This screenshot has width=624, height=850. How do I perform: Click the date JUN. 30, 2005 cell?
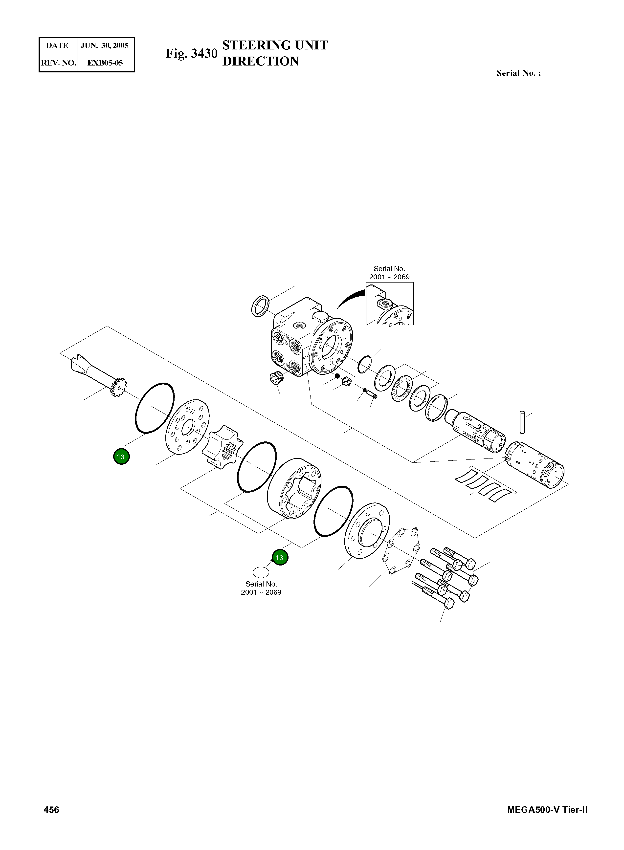[105, 46]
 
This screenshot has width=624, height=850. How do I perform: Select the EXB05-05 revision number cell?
[105, 63]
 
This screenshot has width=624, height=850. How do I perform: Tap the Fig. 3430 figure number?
[192, 54]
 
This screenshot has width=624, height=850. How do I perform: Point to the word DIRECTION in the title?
[261, 61]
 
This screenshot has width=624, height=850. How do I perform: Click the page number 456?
[51, 810]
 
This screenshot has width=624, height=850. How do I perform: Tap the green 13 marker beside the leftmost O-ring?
[121, 457]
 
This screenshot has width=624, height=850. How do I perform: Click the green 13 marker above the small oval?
[280, 557]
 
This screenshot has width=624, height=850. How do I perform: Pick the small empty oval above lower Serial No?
[261, 572]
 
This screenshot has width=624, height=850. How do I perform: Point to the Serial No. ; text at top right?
[518, 73]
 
